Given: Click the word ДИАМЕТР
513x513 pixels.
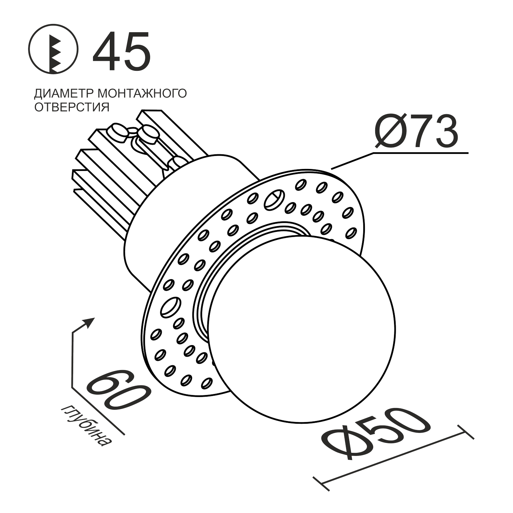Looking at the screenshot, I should coord(64,93).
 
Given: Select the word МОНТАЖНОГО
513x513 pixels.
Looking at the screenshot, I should coord(142,93).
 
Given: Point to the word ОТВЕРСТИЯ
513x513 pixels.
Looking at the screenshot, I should coord(72,107).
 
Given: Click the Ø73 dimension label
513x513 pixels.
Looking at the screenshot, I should coord(417,132).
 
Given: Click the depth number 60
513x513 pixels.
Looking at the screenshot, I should coord(118,390).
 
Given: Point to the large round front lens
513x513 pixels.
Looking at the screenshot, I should coord(301,328).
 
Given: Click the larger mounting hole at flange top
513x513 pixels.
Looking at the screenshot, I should coord(274,200).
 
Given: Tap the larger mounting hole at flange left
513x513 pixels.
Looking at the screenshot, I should coord(171,307).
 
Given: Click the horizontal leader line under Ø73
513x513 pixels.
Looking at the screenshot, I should coord(421,153).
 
